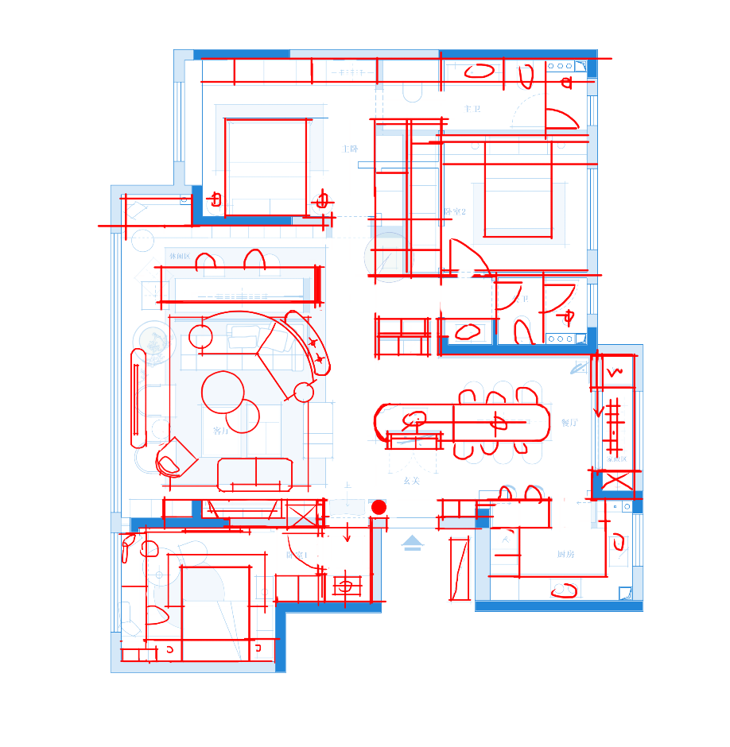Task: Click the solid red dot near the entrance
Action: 379,507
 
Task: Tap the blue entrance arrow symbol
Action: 412,543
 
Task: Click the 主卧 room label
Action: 350,149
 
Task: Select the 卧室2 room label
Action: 455,211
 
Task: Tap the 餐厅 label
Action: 569,423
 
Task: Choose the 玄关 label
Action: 410,481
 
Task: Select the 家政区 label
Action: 617,459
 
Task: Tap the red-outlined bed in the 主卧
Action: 266,167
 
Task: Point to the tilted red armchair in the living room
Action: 177,457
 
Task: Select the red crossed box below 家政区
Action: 617,482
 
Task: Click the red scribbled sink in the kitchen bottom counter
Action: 564,590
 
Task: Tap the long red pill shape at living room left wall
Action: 138,397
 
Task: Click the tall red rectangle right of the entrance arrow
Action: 460,569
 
